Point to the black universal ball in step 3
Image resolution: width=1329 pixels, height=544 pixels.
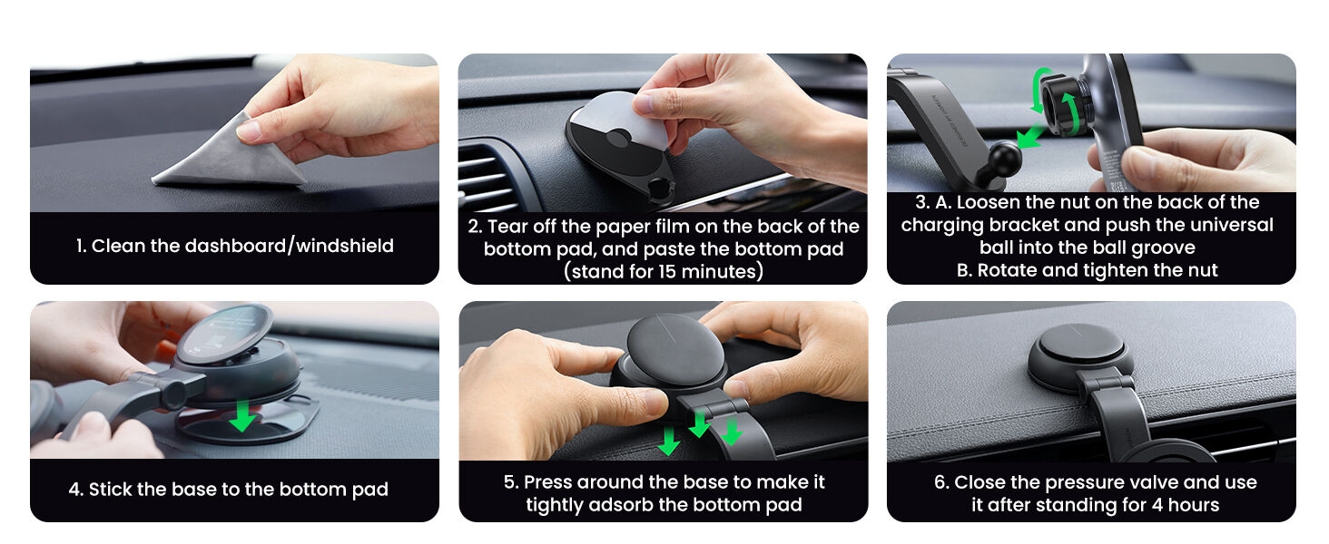pos(1001,159)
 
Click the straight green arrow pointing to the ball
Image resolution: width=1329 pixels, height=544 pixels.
pos(1031,136)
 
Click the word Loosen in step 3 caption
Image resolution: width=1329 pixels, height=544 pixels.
pos(988,202)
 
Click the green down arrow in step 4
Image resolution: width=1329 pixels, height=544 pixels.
pos(242,415)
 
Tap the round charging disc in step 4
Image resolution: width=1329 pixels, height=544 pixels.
pos(225,335)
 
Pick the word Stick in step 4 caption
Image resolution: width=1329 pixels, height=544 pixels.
pos(109,489)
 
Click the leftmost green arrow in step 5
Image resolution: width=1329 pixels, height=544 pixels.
pos(669,442)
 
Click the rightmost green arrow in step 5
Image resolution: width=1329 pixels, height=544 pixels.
pos(732,432)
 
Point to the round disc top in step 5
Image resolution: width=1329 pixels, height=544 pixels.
pos(675,351)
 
